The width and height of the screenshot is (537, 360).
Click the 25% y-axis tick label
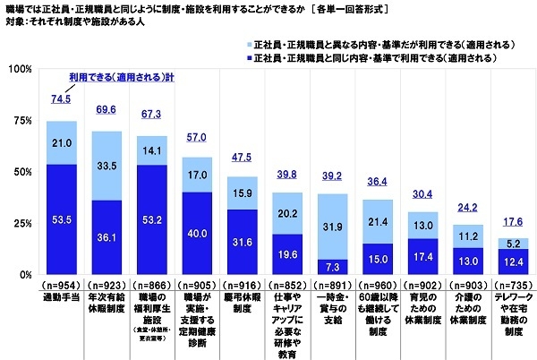(x=22, y=223)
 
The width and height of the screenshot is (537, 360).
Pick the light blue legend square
(x=246, y=42)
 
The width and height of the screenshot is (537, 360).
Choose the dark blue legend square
(x=246, y=56)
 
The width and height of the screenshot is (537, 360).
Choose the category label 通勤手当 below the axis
(x=61, y=294)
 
